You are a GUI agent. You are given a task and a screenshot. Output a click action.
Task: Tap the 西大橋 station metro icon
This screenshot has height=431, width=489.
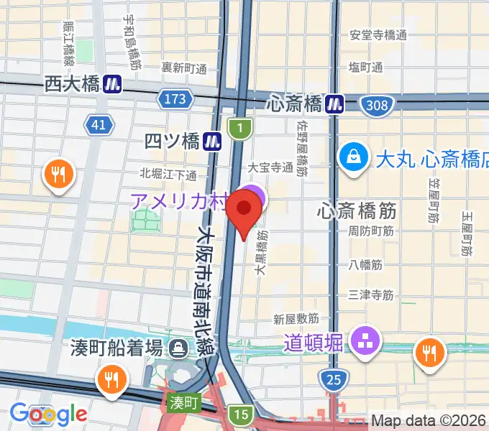pos(111,84)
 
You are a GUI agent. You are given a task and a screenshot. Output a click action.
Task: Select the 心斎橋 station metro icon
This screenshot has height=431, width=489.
pos(334,104)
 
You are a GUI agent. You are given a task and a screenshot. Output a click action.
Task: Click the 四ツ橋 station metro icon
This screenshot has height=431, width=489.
pos(211,141)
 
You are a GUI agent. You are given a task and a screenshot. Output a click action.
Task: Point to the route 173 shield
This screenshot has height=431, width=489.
pos(174,98)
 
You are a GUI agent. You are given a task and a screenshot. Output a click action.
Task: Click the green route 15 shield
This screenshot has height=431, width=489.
pos(240,413)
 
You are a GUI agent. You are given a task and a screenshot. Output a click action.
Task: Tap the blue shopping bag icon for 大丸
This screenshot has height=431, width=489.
pos(355,157)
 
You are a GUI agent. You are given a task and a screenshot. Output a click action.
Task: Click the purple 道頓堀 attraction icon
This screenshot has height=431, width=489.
pos(365,340)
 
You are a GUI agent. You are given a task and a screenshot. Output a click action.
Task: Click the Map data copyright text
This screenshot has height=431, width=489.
pos(429,421)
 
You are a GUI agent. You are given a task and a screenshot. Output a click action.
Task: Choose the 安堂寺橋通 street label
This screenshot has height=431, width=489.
pos(378,34)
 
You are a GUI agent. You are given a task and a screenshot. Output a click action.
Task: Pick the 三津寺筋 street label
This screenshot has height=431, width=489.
pos(370,295)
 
